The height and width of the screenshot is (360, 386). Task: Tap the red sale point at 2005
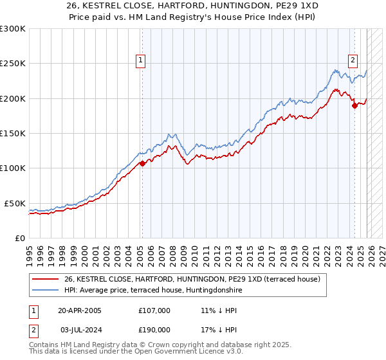[142, 163]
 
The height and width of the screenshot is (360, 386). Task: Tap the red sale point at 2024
[354, 106]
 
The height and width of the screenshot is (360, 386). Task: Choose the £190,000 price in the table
[154, 329]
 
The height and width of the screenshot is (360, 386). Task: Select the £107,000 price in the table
[154, 310]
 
